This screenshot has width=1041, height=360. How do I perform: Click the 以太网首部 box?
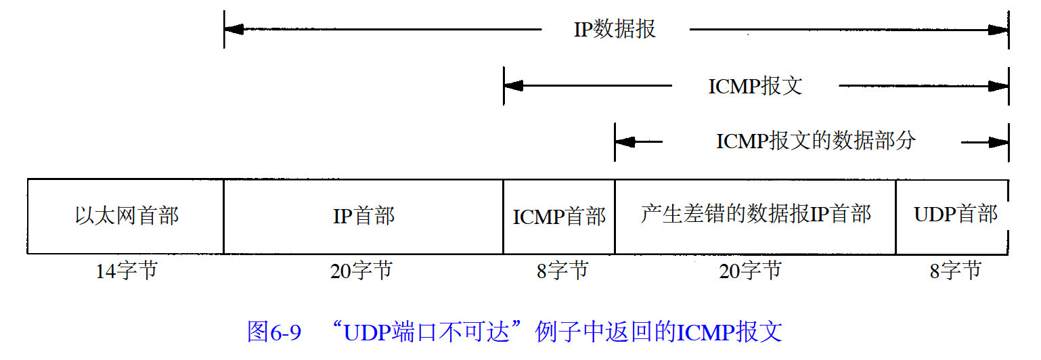[x=126, y=217]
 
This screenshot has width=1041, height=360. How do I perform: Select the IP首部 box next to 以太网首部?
[x=363, y=217]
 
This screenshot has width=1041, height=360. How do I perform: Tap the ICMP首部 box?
[x=559, y=217]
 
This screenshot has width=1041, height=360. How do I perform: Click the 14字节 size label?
[x=126, y=271]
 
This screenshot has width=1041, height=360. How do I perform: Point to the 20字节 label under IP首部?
[x=361, y=271]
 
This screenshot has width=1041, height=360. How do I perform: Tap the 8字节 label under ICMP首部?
[x=562, y=271]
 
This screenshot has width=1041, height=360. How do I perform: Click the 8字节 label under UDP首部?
[x=954, y=271]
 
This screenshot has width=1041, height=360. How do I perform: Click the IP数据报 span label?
[x=615, y=30]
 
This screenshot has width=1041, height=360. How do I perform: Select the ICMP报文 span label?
[x=755, y=87]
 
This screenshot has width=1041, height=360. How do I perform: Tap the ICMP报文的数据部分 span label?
[x=816, y=141]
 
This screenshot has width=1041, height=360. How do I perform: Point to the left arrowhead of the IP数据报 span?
[x=234, y=30]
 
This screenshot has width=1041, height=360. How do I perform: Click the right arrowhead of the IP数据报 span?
[x=998, y=30]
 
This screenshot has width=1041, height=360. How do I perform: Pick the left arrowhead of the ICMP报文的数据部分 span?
[x=625, y=142]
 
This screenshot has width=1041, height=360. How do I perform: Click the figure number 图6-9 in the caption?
[x=273, y=332]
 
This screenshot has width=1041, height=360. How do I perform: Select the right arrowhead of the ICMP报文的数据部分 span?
[x=998, y=142]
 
